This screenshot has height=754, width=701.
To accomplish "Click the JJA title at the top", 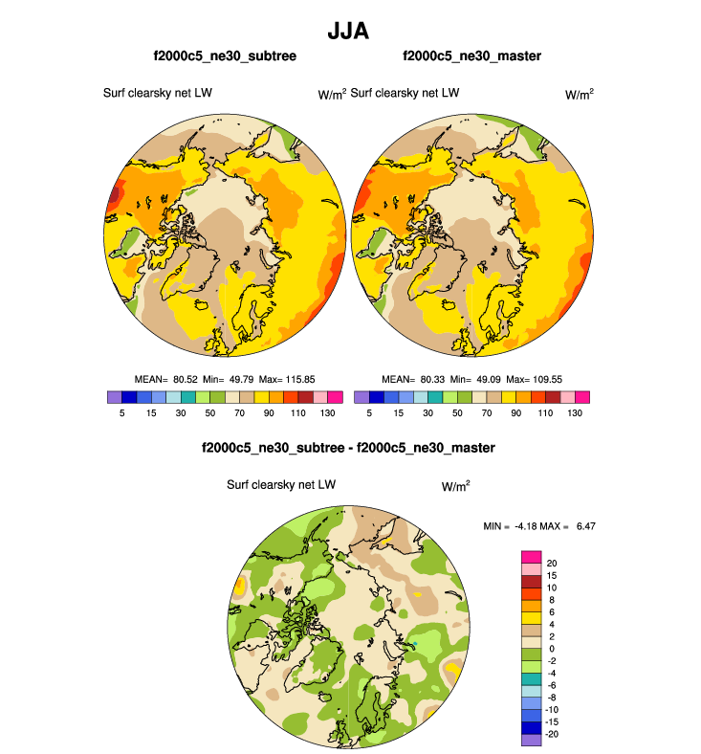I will [349, 31].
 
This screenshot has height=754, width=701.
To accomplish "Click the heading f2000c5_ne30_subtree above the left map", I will [225, 56].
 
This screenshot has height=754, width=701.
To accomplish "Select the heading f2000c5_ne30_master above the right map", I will [472, 56].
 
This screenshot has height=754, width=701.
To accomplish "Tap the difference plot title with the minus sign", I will [348, 448].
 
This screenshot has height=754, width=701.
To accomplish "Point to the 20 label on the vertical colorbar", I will [552, 563].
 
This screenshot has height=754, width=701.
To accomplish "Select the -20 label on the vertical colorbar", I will [554, 734].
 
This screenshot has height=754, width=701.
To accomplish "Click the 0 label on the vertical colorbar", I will [549, 648].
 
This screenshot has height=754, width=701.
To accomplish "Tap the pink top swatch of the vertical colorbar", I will [531, 557].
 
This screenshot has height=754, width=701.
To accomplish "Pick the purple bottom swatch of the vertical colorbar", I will [531, 739].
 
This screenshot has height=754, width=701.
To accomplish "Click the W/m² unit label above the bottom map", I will [456, 486].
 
